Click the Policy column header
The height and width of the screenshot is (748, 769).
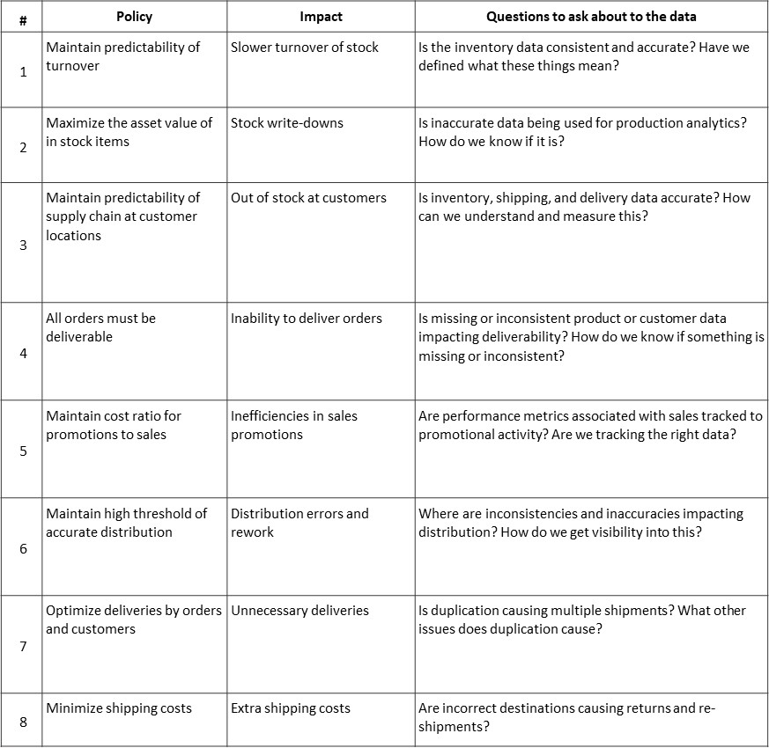pos(134,17)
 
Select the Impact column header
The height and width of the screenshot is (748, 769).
pos(321,17)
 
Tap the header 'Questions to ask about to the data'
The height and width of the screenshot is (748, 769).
pos(591,17)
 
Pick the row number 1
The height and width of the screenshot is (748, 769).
pos(23,71)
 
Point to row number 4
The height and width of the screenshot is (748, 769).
pos(23,353)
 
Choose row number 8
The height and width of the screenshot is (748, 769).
pos(23,722)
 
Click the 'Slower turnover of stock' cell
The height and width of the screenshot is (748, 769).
pos(304,48)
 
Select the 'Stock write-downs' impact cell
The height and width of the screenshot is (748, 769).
pos(286,123)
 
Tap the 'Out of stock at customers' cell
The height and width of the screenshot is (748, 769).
pos(308,198)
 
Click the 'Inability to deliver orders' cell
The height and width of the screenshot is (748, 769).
pos(306,319)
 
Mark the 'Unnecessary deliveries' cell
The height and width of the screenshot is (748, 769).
pos(299,611)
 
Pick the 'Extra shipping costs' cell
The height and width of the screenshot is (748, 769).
pos(290,708)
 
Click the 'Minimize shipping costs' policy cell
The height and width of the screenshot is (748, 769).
pos(119,708)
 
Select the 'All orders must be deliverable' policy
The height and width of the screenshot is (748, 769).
pos(100,327)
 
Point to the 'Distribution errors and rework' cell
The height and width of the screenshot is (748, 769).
pos(299,523)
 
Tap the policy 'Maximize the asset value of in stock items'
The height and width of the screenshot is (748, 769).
pos(129,132)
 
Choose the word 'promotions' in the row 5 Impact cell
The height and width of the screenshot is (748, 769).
pos(266,435)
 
